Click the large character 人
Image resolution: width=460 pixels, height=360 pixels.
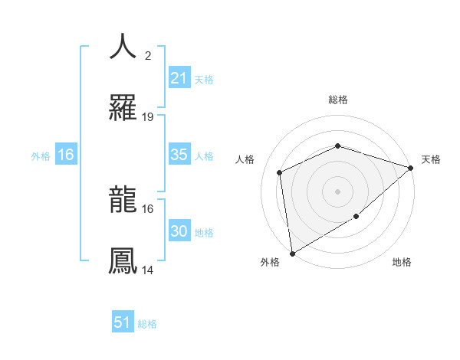123,47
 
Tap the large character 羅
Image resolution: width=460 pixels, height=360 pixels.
123,106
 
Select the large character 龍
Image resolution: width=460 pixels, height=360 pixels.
123,201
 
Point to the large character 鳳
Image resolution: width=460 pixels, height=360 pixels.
123,261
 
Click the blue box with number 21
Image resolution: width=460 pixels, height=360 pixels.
179,78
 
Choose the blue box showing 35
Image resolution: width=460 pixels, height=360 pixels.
179,155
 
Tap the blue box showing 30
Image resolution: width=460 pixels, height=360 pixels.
179,232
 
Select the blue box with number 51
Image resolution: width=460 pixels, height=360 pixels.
123,322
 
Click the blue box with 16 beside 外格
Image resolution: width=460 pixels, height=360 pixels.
65,155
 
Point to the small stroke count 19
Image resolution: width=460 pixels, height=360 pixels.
148,117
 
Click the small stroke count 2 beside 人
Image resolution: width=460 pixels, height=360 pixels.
147,56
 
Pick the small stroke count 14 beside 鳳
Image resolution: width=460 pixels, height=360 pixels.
148,270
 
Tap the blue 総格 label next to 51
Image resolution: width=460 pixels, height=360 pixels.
147,324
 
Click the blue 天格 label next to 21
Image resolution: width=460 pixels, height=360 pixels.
204,79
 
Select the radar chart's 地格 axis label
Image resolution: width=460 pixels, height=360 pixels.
402,262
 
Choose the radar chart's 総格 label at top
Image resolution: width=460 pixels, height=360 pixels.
337,100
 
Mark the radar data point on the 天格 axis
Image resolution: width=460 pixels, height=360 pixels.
411,168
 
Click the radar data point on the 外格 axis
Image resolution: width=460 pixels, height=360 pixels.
292,253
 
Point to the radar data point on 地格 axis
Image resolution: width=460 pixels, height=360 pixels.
356,217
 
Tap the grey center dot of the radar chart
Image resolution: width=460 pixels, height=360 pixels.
337,191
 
